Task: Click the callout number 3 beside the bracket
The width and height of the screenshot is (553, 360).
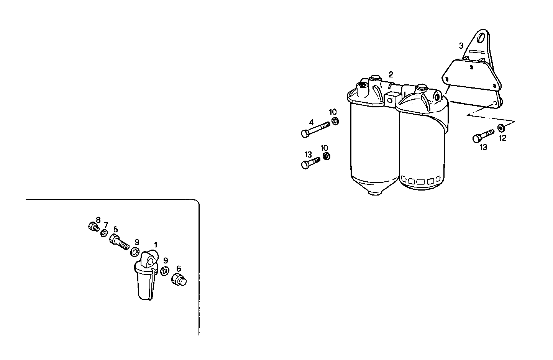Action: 461,46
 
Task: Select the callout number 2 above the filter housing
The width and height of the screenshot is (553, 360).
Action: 391,74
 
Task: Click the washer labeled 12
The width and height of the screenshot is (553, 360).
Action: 501,128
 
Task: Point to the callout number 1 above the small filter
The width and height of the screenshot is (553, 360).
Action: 156,244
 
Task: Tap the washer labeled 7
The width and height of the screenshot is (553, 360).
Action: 104,233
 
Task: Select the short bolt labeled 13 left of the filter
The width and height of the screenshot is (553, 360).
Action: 310,163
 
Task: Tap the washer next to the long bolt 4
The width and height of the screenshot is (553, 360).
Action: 335,122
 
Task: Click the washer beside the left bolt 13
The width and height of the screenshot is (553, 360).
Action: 327,156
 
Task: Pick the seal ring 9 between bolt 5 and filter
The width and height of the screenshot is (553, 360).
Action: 135,252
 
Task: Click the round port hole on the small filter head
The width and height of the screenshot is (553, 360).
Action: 151,261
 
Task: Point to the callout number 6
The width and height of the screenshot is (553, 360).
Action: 179,269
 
